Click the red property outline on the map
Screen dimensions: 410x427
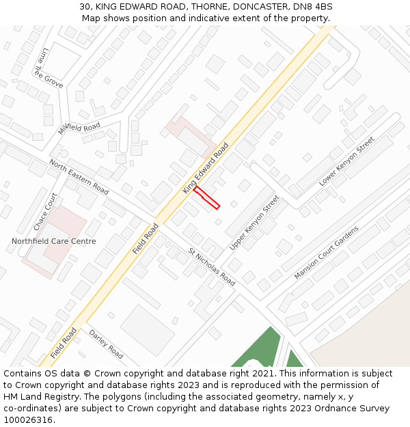pyautogui.click(x=206, y=197)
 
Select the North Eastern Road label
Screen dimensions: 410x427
pyautogui.click(x=79, y=176)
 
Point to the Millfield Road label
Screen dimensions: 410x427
pyautogui.click(x=79, y=128)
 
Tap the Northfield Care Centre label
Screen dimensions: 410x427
pyautogui.click(x=53, y=241)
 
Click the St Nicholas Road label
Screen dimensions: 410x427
pyautogui.click(x=212, y=266)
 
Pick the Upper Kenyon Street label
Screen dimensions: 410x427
pyautogui.click(x=254, y=222)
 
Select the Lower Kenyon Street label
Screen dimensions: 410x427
pyautogui.click(x=346, y=162)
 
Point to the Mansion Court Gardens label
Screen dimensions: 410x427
pyautogui.click(x=326, y=252)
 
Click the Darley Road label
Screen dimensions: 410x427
pyautogui.click(x=106, y=344)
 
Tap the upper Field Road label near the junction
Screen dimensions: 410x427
pyautogui.click(x=146, y=239)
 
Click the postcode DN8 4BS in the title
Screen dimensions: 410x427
pyautogui.click(x=311, y=6)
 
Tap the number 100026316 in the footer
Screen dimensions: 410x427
pyautogui.click(x=29, y=420)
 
